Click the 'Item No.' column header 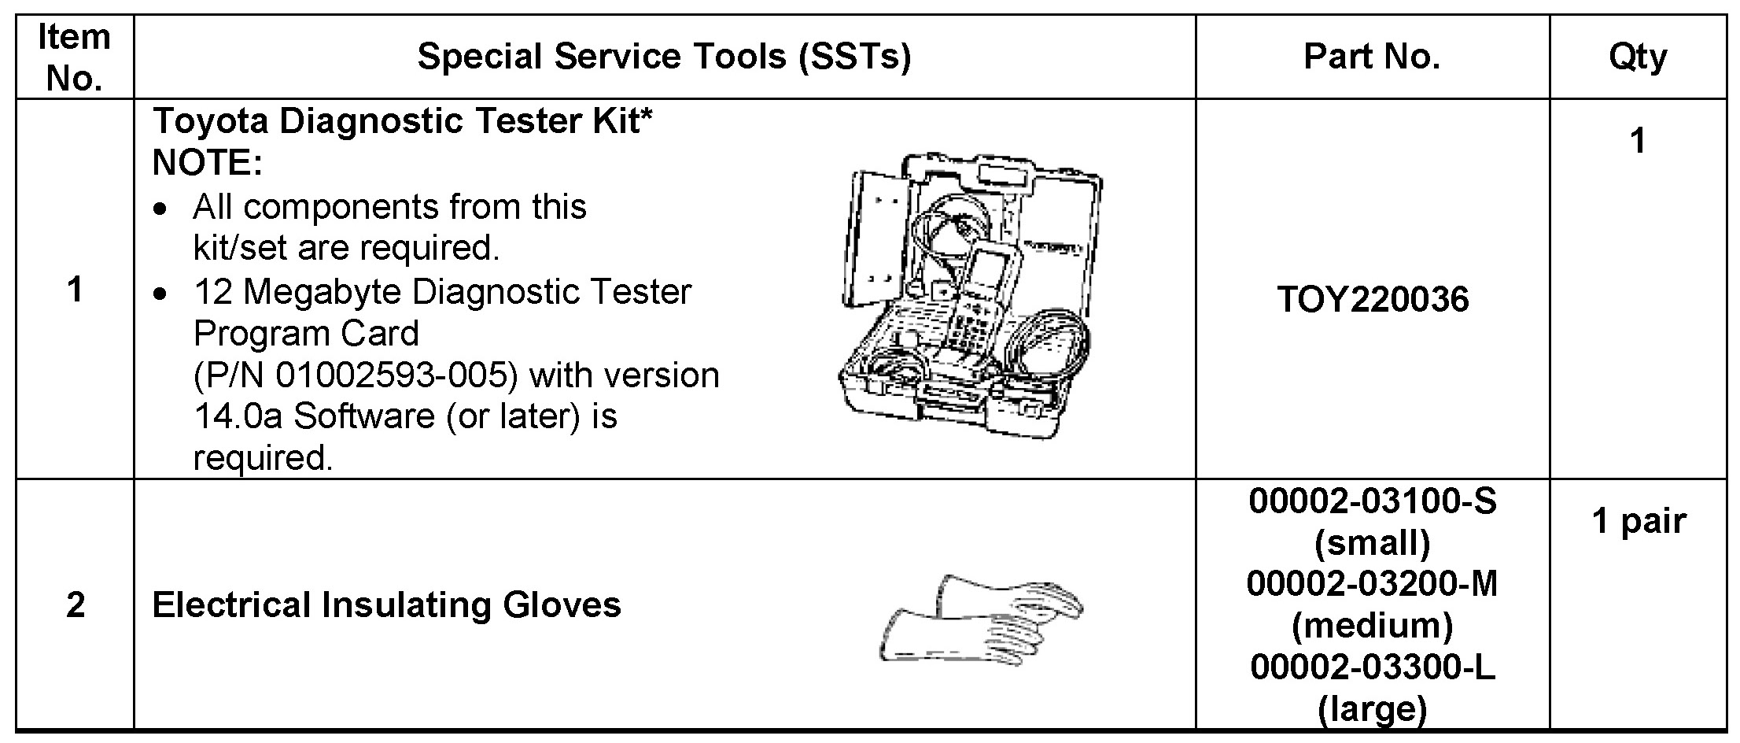(x=74, y=57)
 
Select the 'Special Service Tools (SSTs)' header (x=664, y=57)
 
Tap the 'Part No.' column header (x=1372, y=57)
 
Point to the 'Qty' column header (x=1638, y=57)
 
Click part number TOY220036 (x=1373, y=300)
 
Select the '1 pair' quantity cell (x=1639, y=521)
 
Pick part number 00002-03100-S (x=1373, y=501)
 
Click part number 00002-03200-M (x=1373, y=584)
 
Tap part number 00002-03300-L (x=1373, y=667)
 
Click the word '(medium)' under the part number (x=1373, y=626)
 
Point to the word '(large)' (x=1373, y=709)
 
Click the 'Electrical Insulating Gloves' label (x=386, y=605)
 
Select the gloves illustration (x=981, y=622)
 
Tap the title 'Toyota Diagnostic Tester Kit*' (x=403, y=121)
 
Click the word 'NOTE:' (x=208, y=163)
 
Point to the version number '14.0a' (x=238, y=416)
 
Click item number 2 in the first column (x=75, y=605)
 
